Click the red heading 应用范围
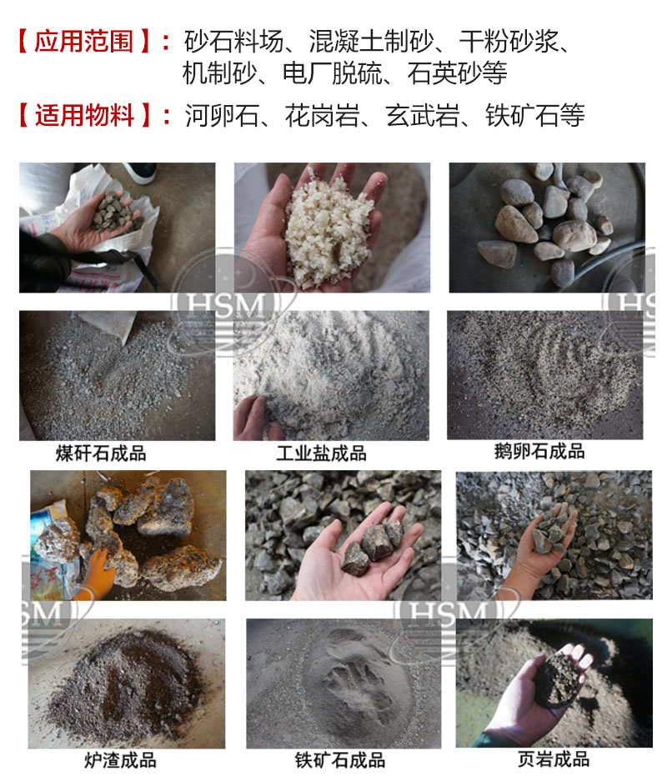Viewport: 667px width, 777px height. [x=83, y=42]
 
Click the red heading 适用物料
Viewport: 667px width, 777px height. [x=84, y=116]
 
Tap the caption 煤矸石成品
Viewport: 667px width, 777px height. [x=101, y=454]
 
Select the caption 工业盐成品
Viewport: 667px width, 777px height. [x=322, y=454]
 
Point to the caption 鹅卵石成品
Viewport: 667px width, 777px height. [x=539, y=451]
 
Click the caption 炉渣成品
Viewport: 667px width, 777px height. [x=120, y=760]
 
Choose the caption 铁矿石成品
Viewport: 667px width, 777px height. [x=340, y=760]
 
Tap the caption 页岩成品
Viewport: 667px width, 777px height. [x=554, y=759]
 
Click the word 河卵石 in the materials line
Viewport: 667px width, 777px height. [x=222, y=116]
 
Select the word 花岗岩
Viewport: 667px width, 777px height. [x=323, y=116]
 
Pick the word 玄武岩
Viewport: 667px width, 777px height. [x=423, y=116]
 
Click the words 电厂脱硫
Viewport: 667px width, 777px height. [x=333, y=73]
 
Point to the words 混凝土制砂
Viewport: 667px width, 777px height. [x=372, y=42]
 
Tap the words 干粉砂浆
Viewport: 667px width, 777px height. [x=509, y=42]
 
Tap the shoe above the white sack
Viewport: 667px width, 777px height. [x=140, y=173]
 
